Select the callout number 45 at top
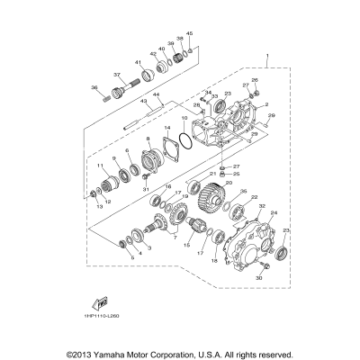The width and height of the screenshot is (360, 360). click(189, 33)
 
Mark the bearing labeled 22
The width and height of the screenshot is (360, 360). click(239, 212)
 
